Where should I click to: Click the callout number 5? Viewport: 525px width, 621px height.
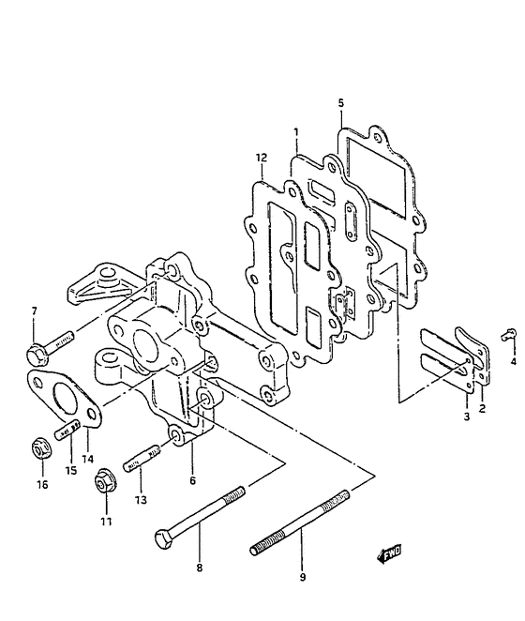[341, 103]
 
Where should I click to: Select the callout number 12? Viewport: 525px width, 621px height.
[262, 158]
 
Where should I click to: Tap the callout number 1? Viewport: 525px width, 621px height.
[296, 132]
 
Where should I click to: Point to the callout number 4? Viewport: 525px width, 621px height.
[514, 361]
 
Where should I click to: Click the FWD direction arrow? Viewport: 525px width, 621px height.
[390, 553]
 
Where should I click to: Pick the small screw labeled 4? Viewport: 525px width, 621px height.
[508, 335]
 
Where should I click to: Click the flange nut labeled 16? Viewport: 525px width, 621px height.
[41, 448]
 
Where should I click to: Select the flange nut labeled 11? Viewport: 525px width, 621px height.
[106, 481]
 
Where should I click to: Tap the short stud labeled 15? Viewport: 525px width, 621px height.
[67, 430]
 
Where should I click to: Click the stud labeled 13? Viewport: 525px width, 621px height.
[142, 458]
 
